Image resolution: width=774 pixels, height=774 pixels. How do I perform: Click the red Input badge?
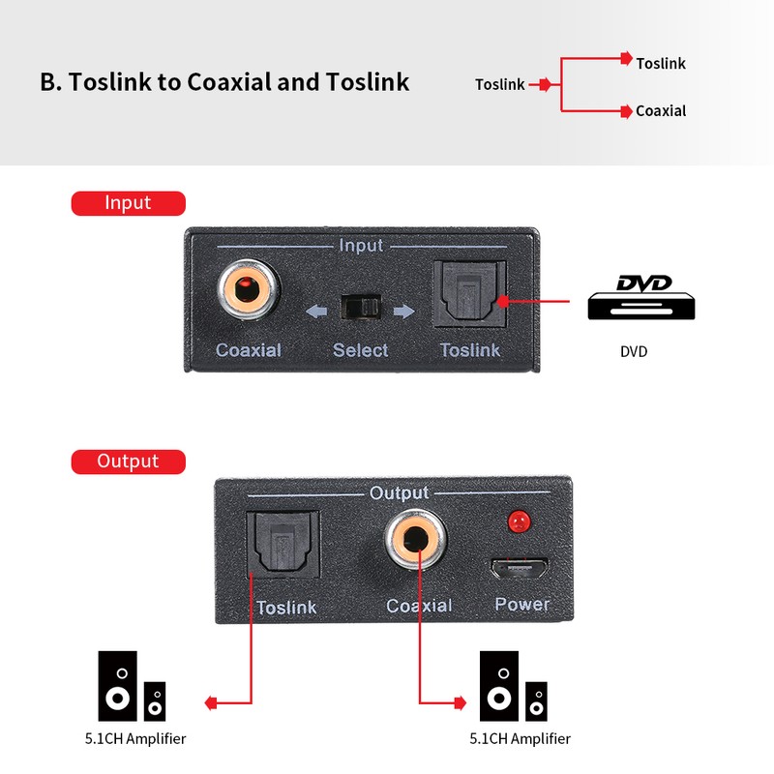pyautogui.click(x=128, y=203)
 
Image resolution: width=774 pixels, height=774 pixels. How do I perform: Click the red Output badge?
pyautogui.click(x=128, y=461)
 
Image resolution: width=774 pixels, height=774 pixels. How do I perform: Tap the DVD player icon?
pyautogui.click(x=641, y=298)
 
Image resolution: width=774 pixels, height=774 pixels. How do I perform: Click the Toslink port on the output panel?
pyautogui.click(x=283, y=545)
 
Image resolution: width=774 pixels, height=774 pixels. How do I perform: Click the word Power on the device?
pyautogui.click(x=521, y=605)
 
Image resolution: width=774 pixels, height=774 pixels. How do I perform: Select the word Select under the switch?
pyautogui.click(x=360, y=350)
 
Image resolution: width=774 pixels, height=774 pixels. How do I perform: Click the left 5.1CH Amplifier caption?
pyautogui.click(x=134, y=739)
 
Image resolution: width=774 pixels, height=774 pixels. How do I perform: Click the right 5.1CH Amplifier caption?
pyautogui.click(x=520, y=739)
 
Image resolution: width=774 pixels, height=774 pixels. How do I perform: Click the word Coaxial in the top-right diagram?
pyautogui.click(x=661, y=111)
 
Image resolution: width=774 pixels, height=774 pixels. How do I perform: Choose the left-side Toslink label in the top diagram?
pyautogui.click(x=499, y=85)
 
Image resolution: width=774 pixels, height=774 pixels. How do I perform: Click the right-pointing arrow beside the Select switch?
pyautogui.click(x=404, y=312)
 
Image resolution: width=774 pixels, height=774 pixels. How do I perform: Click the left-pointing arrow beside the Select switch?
pyautogui.click(x=316, y=312)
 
